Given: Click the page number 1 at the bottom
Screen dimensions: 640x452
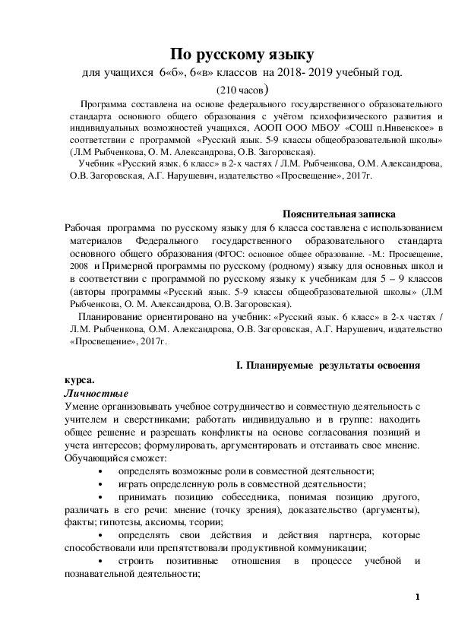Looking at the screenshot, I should pos(418,597).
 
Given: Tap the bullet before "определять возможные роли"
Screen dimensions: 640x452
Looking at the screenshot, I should pos(102,471).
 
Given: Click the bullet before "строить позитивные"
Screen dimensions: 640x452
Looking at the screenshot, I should pos(102,561).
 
